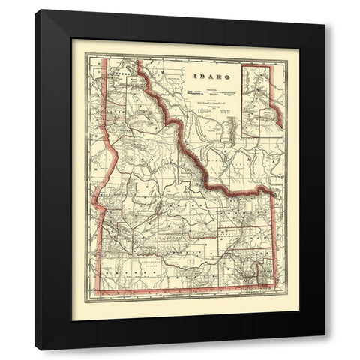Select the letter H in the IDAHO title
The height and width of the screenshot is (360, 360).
click(x=216, y=77)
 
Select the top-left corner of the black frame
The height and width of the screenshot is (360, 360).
click(x=35, y=10)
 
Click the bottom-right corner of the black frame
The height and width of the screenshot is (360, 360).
click(x=325, y=349)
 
